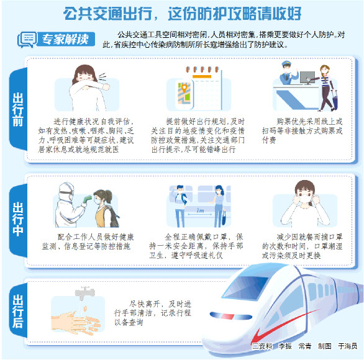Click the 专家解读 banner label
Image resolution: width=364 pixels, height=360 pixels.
[65, 39]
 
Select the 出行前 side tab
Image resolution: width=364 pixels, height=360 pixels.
[18, 109]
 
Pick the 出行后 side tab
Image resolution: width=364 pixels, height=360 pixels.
[18, 312]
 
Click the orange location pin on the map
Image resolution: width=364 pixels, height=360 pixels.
[184, 88]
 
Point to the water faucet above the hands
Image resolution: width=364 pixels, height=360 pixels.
[84, 293]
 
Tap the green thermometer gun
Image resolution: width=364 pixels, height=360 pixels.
[88, 199]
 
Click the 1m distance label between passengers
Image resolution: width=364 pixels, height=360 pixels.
[200, 210]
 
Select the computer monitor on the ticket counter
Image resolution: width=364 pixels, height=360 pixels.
[307, 78]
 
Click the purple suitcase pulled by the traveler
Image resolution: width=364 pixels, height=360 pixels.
[335, 101]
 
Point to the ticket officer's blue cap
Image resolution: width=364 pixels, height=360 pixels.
[286, 63]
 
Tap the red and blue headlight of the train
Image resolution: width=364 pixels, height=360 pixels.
[230, 316]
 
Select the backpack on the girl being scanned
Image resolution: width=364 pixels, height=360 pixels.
[113, 217]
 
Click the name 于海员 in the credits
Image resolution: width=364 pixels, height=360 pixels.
[347, 346]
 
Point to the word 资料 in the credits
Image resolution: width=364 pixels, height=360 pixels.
[266, 346]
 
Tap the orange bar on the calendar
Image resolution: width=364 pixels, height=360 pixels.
[202, 76]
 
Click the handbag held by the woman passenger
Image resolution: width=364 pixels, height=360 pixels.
[224, 218]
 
